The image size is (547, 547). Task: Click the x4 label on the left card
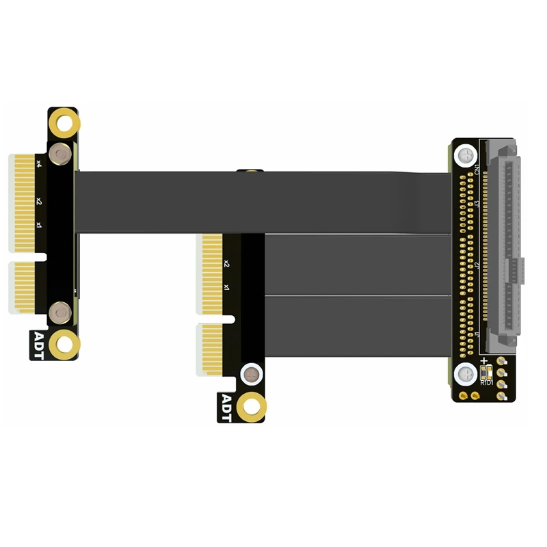39,163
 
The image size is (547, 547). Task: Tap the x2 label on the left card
39,202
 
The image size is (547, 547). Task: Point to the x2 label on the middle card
226,263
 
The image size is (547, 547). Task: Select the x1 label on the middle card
226,287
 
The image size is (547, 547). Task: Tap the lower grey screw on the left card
61,312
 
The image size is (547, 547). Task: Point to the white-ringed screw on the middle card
253,375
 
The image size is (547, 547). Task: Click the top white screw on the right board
466,155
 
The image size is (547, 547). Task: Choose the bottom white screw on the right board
466,373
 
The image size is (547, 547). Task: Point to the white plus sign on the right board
485,361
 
